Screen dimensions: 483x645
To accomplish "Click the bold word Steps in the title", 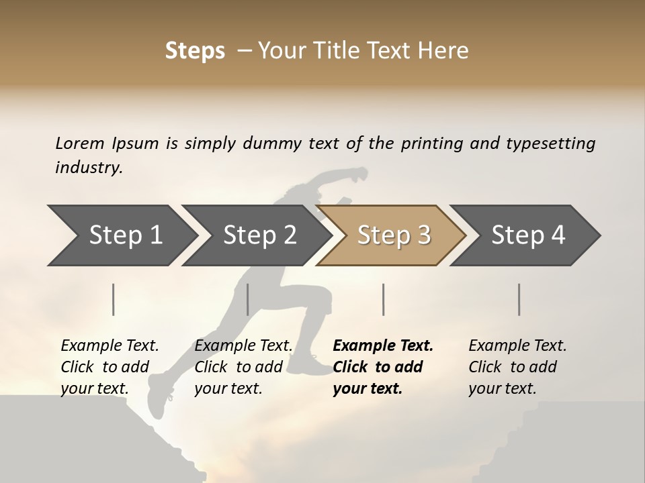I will point(195,51).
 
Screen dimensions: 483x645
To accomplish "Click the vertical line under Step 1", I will point(114,299).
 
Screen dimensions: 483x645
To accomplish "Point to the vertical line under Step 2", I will point(248,299).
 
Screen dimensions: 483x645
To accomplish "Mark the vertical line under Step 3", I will point(383,299).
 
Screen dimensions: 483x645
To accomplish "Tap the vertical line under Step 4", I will point(519,299).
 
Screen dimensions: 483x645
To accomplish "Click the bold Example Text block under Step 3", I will point(383,367).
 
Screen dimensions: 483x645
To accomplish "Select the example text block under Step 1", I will point(110,367).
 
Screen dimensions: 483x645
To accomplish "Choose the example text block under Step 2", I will point(243,367).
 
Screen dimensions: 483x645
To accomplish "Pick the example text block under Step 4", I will point(517,367).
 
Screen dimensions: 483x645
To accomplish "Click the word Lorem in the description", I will point(79,144).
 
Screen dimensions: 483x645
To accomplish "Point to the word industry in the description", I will point(89,168).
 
